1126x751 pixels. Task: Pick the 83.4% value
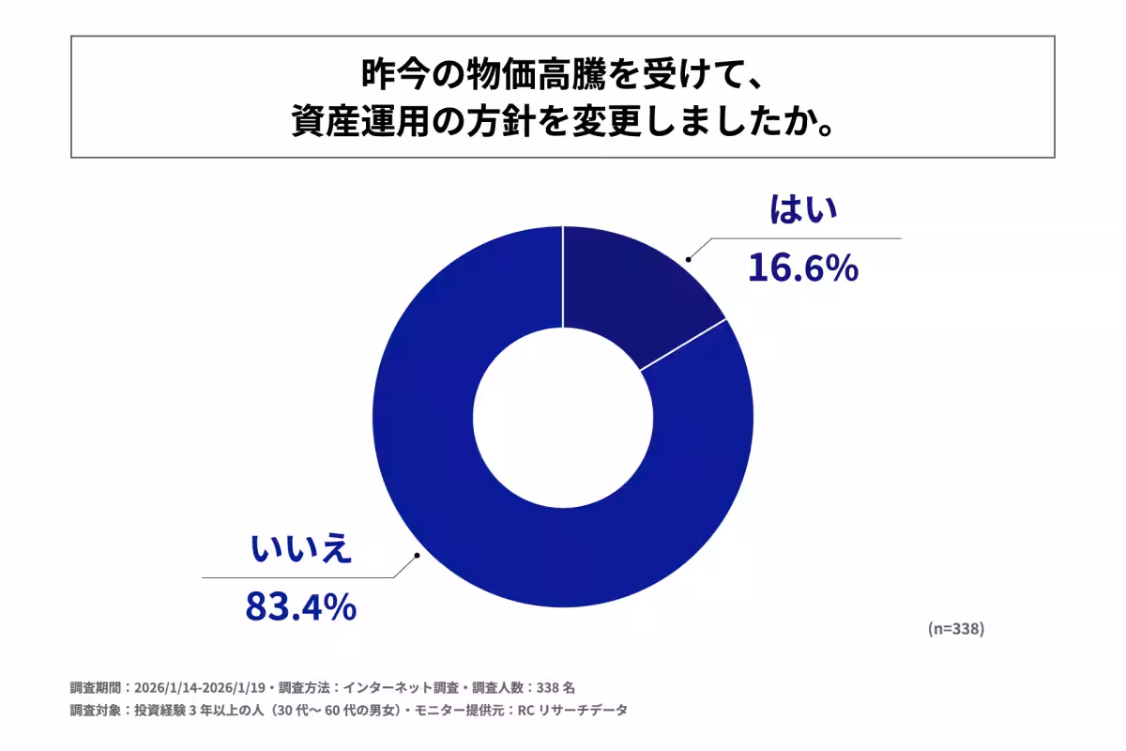[300, 606]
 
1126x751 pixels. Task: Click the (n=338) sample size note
[955, 629]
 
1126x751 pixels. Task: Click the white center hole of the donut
[563, 416]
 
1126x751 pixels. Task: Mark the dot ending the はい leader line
[688, 257]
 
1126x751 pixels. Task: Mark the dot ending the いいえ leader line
[418, 556]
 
